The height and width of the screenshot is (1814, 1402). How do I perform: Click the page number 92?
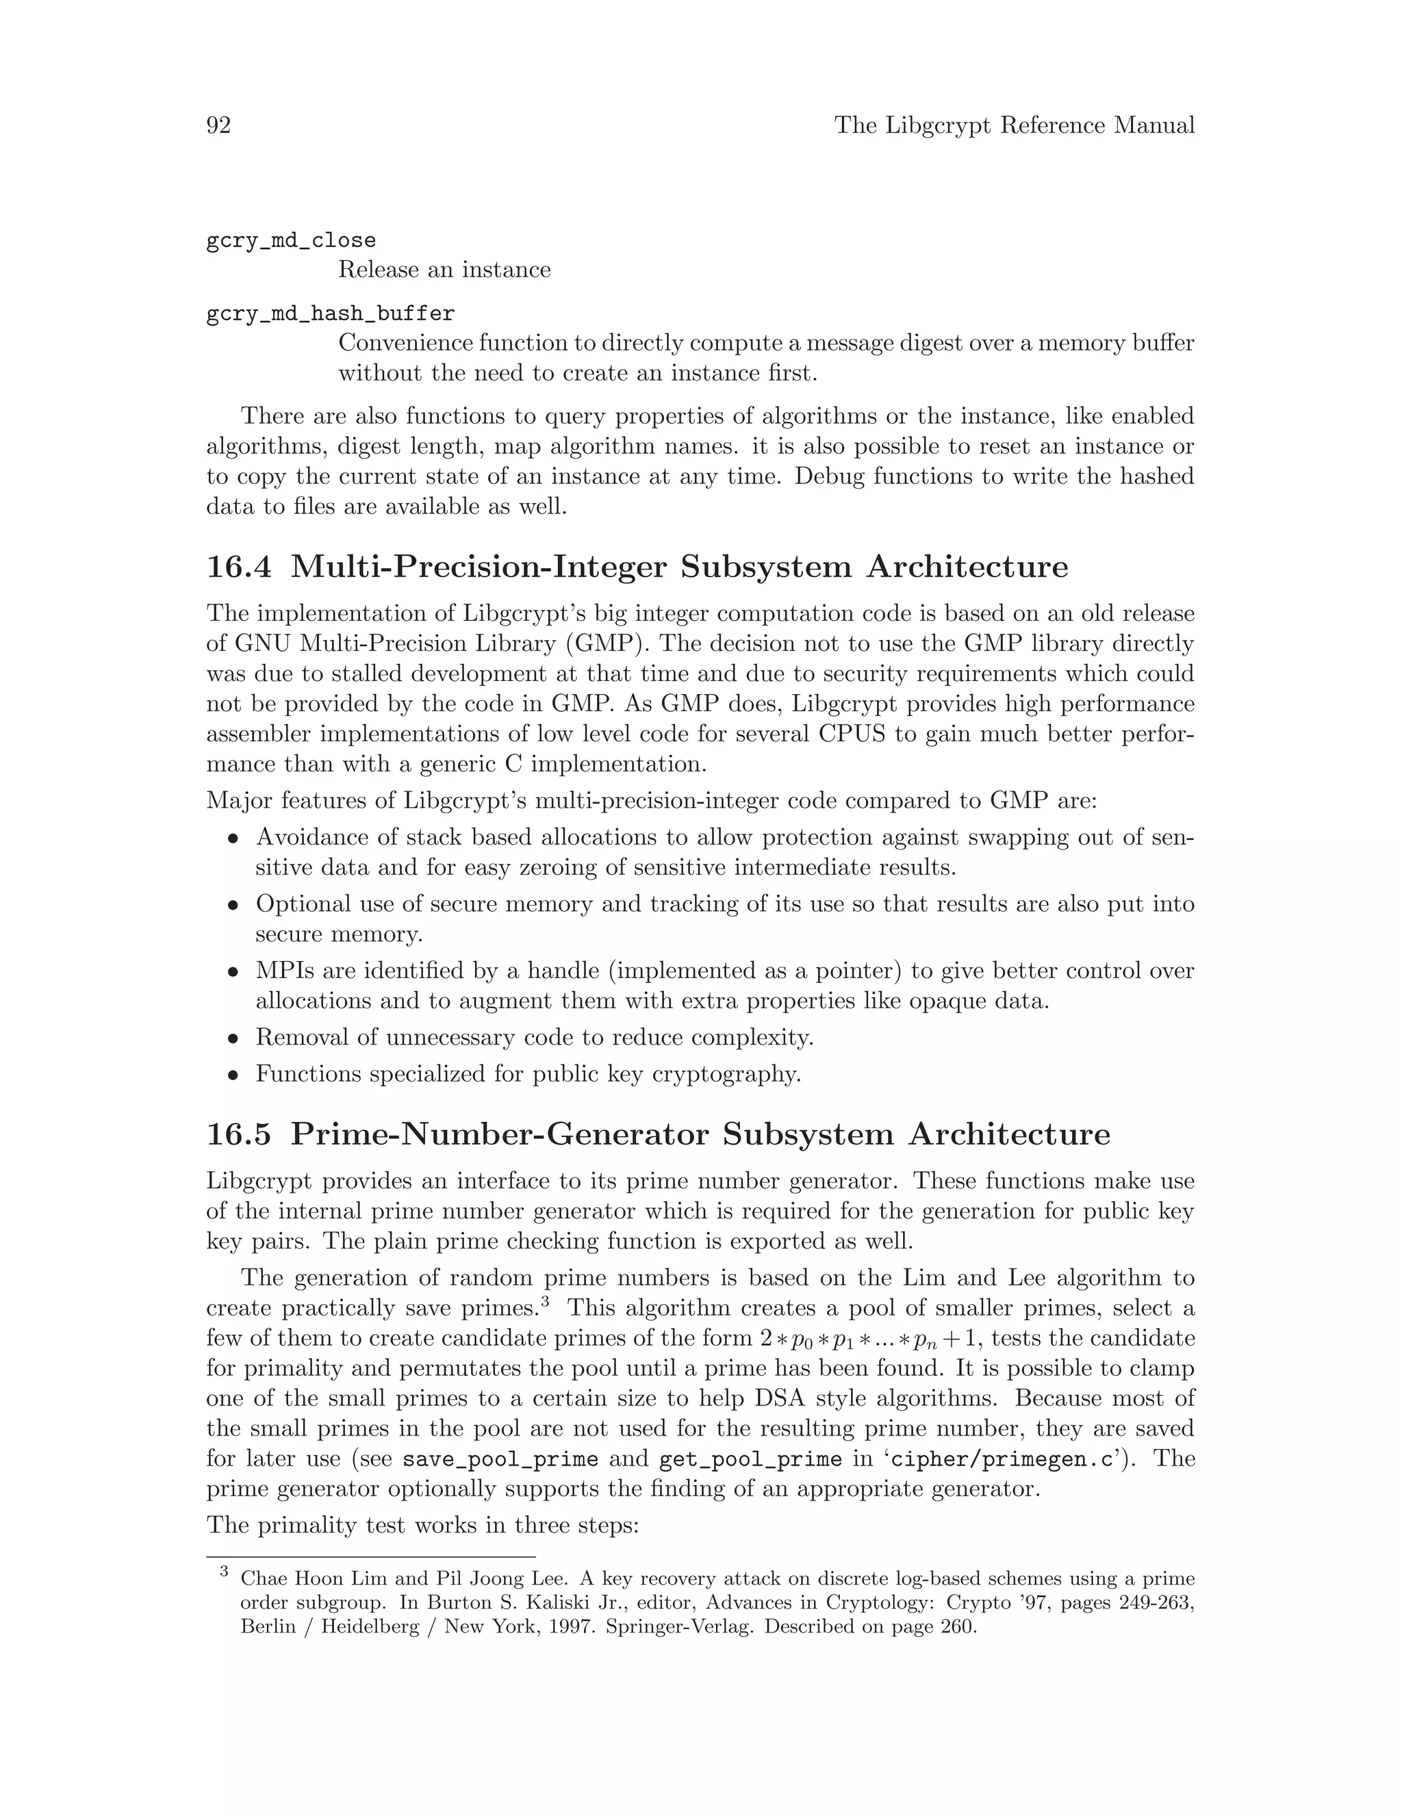pos(218,125)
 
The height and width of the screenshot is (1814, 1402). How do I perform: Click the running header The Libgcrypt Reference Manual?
pos(1014,125)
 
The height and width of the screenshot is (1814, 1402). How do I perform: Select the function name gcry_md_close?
pos(291,241)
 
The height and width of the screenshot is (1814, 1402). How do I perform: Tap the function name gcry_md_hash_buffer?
pos(330,314)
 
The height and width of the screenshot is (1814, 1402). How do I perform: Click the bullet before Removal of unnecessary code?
pos(234,1039)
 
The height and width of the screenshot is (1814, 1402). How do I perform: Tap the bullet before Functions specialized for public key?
pos(234,1075)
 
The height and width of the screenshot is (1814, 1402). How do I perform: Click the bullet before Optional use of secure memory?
pos(234,906)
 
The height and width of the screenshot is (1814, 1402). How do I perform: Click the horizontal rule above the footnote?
pos(370,1557)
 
